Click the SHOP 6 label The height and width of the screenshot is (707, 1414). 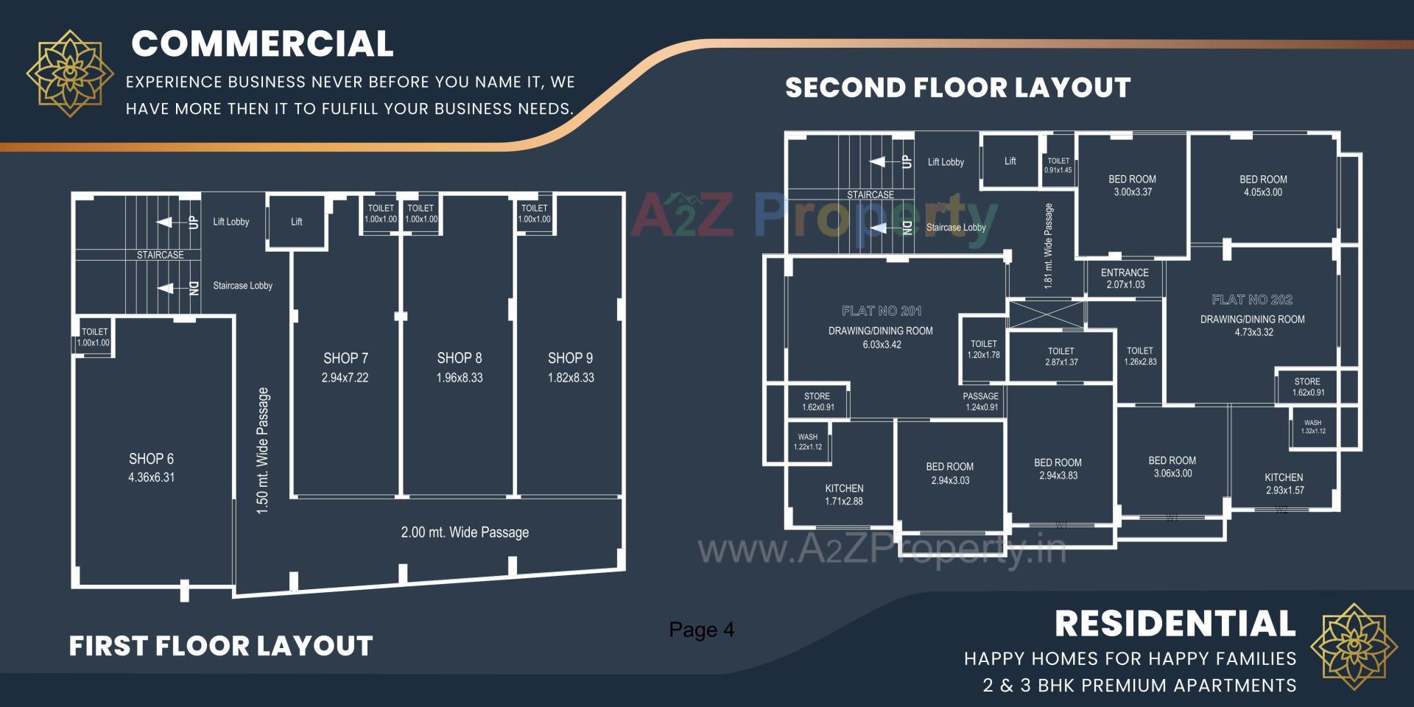[x=151, y=459]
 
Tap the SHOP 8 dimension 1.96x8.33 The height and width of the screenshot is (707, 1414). [x=460, y=378]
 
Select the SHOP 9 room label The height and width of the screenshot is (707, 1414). [x=570, y=359]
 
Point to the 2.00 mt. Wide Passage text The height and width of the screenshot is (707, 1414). [x=465, y=532]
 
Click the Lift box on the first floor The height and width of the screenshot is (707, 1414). [x=296, y=222]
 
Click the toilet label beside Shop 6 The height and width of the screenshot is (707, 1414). [x=94, y=337]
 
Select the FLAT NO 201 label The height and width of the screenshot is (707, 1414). [x=882, y=311]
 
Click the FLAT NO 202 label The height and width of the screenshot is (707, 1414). [x=1252, y=300]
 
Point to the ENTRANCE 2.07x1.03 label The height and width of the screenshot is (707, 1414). [x=1125, y=278]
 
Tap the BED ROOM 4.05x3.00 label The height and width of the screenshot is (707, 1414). [x=1263, y=186]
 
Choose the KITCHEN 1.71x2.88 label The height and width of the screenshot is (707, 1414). [x=844, y=495]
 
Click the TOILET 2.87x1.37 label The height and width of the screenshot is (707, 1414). [x=1060, y=356]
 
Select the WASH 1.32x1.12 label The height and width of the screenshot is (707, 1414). [x=1312, y=427]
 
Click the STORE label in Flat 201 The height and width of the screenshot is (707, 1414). [x=817, y=401]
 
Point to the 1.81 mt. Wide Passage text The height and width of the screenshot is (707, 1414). [x=1049, y=246]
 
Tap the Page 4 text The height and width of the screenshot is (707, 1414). [x=701, y=630]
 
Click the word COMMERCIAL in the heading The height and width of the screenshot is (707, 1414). [x=262, y=44]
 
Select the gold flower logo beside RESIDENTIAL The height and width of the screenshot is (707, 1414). [x=1354, y=646]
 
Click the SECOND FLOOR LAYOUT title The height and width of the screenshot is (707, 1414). [x=957, y=88]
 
